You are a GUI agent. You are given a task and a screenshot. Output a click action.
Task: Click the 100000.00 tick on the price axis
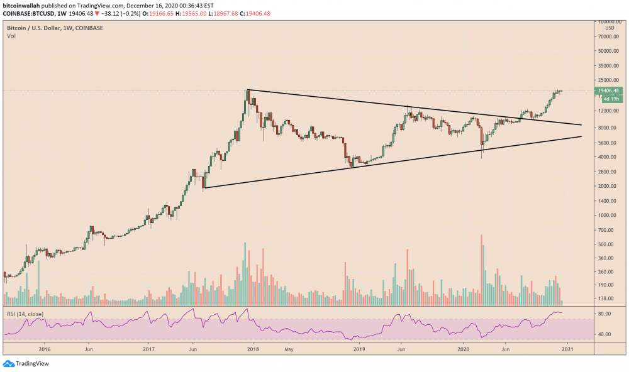click(x=608, y=22)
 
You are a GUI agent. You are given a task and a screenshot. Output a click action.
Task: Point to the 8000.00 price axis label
click(x=607, y=128)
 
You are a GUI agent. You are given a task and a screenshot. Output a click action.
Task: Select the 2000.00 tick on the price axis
click(x=607, y=186)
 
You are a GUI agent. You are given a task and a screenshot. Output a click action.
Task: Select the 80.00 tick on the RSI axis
click(x=604, y=314)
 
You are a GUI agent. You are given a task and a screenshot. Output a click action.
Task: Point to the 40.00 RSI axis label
click(x=604, y=334)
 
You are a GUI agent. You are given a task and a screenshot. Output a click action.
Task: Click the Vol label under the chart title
click(x=11, y=36)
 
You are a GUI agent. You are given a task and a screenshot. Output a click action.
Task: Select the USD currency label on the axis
click(x=610, y=28)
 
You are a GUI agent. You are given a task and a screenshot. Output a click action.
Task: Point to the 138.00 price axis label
click(x=606, y=298)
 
